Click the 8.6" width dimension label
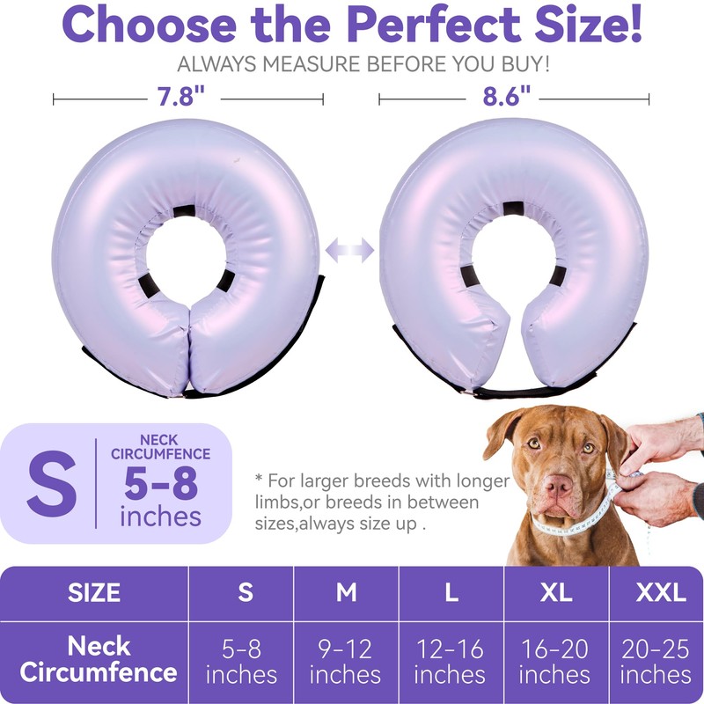coord(508,96)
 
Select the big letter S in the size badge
coord(51,485)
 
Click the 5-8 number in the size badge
coord(160,483)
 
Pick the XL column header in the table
coord(555,592)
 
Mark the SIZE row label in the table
coord(94,592)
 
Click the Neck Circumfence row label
coord(98,660)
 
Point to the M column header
coord(346,592)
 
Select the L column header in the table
coord(451,592)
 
